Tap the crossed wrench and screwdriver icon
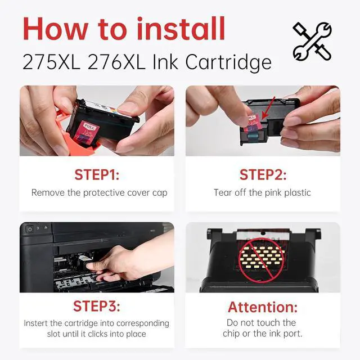(312, 42)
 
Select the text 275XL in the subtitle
(51, 62)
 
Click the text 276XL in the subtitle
(116, 62)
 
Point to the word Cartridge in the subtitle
(228, 62)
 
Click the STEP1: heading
(97, 175)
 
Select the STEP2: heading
(263, 175)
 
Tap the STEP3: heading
(97, 306)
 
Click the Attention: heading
(263, 307)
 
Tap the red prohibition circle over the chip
(261, 260)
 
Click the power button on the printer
(30, 229)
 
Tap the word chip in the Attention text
(231, 334)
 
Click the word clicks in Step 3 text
(98, 334)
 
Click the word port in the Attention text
(293, 334)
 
